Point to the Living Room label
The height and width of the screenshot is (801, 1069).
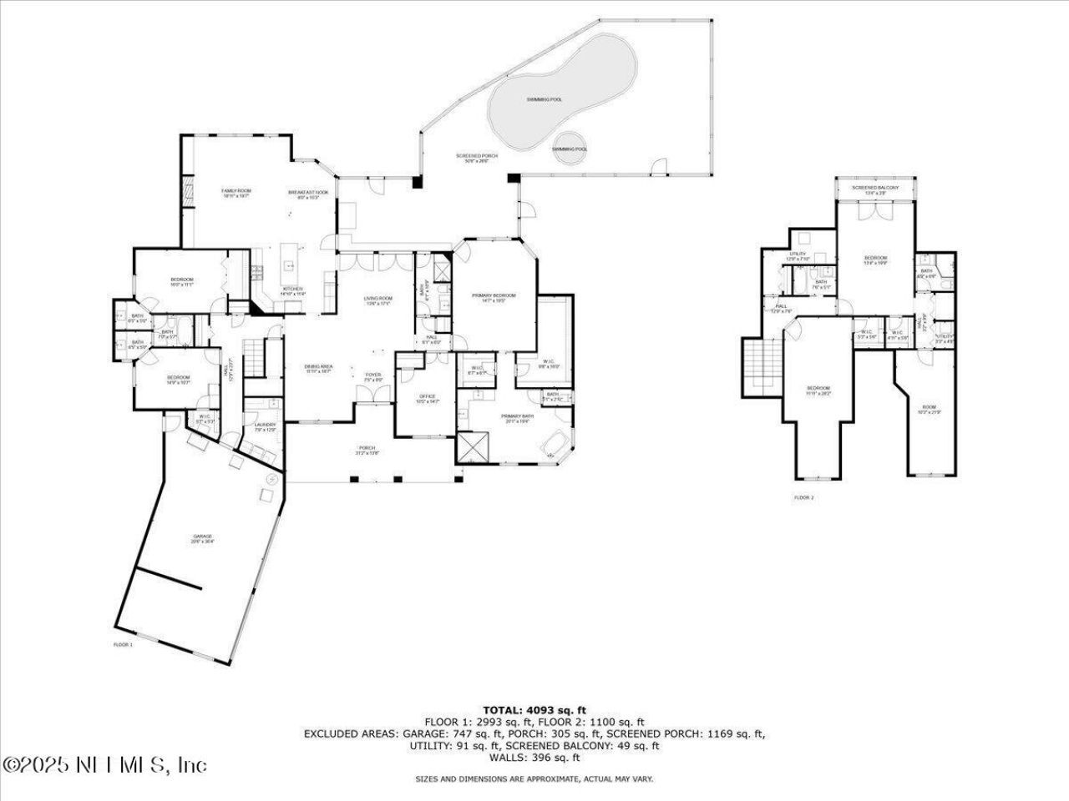(x=377, y=300)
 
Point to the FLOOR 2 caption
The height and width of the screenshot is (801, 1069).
(x=803, y=497)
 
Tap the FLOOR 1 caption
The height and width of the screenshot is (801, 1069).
(x=123, y=645)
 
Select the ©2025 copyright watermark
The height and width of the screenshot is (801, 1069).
(x=104, y=764)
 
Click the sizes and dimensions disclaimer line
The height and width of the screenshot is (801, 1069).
(x=534, y=778)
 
